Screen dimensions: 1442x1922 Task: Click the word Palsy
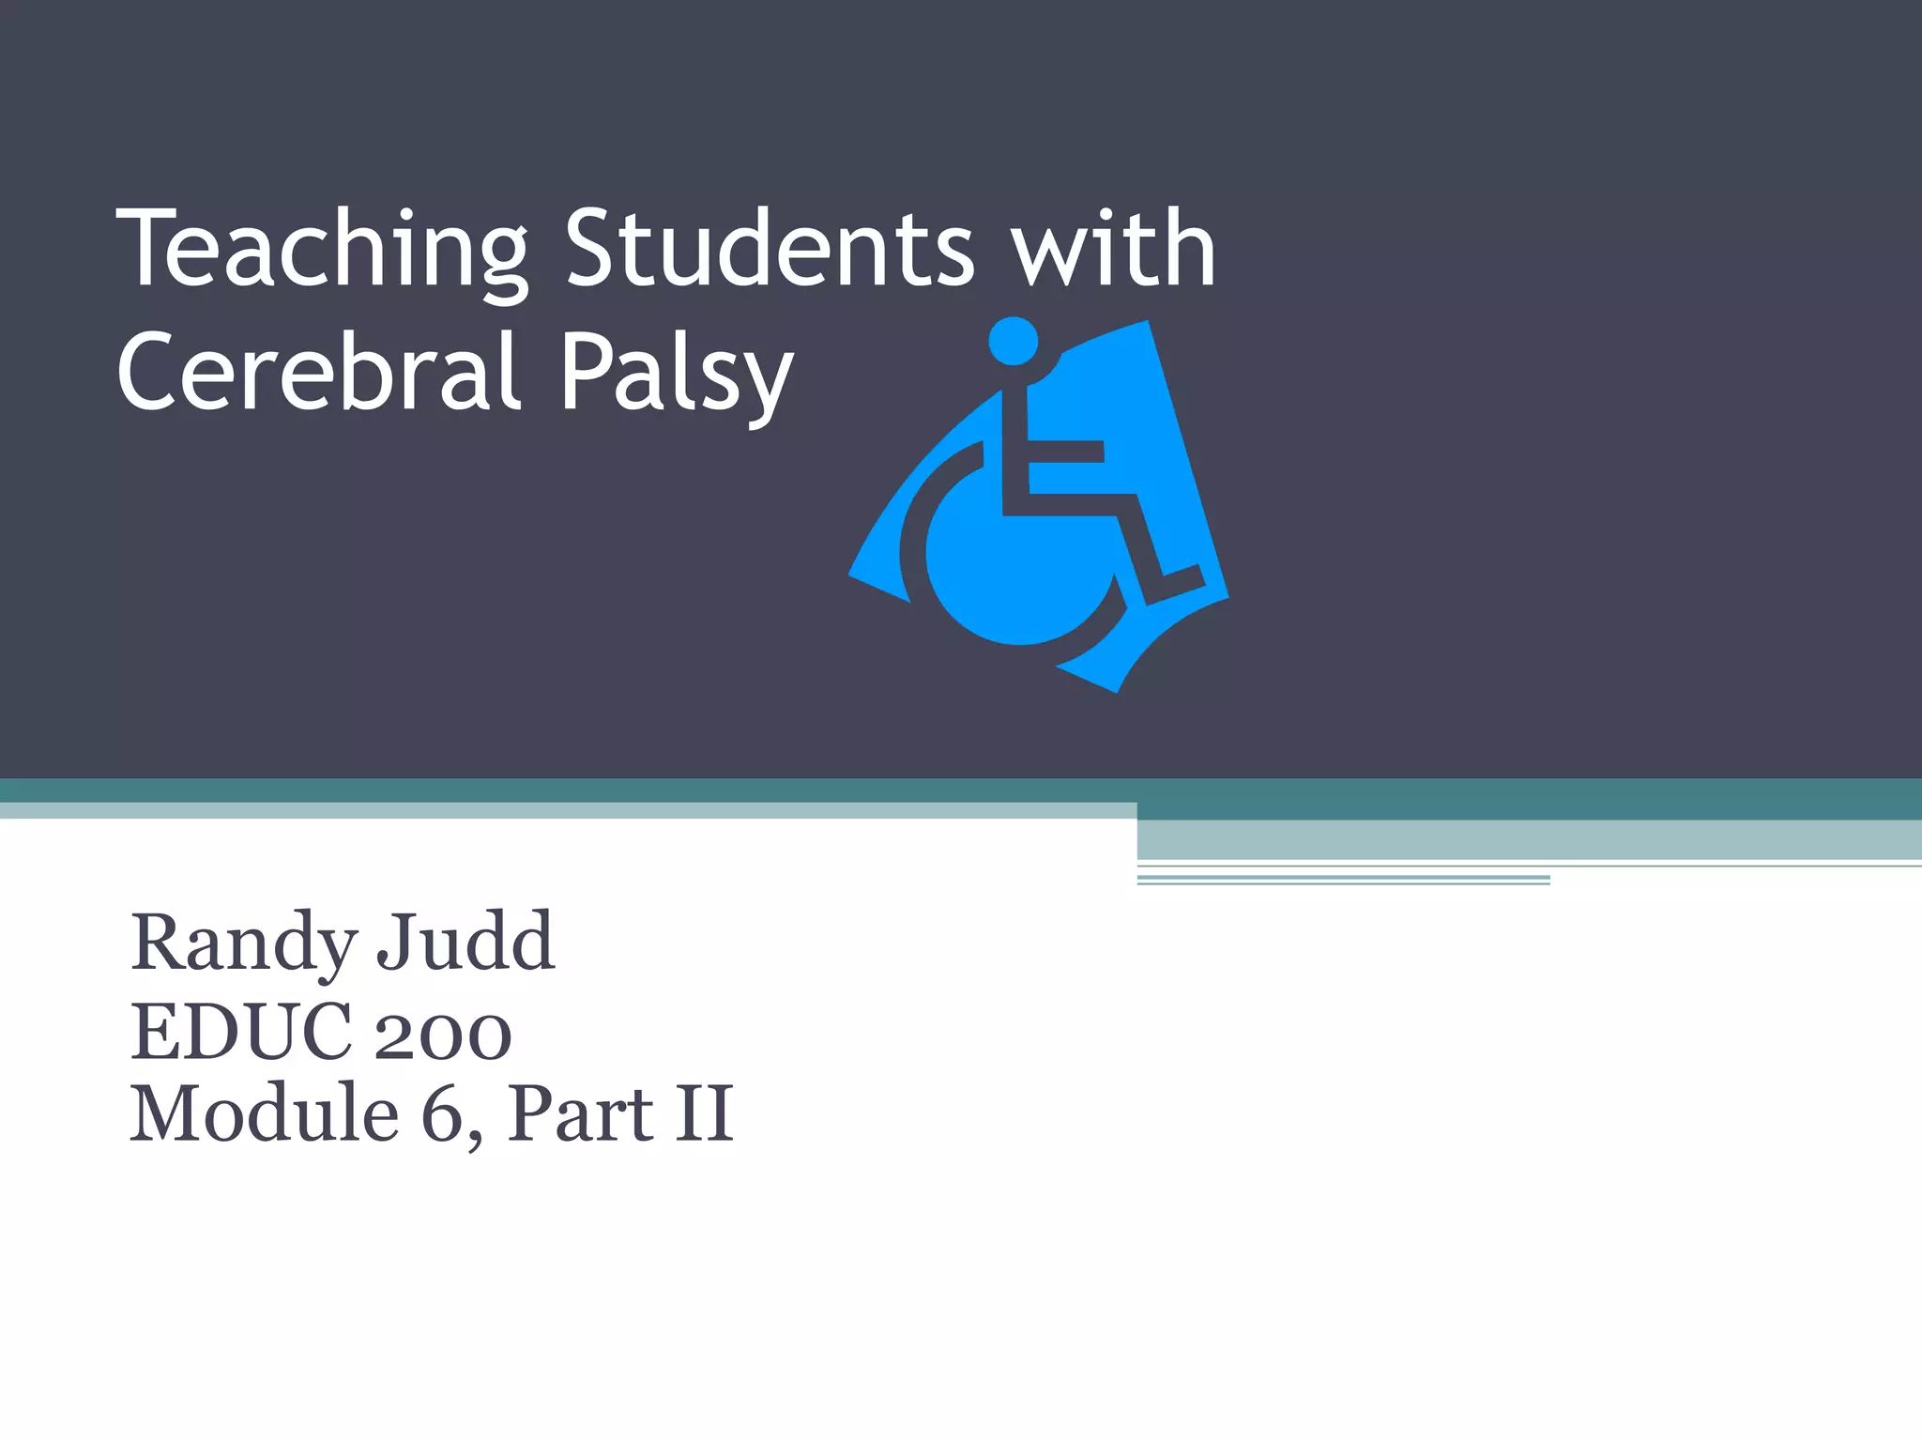click(677, 374)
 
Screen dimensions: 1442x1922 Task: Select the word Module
click(265, 1114)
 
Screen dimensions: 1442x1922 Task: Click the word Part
click(580, 1114)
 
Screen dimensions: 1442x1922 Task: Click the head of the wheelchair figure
click(1014, 341)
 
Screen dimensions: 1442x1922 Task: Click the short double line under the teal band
click(1343, 880)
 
